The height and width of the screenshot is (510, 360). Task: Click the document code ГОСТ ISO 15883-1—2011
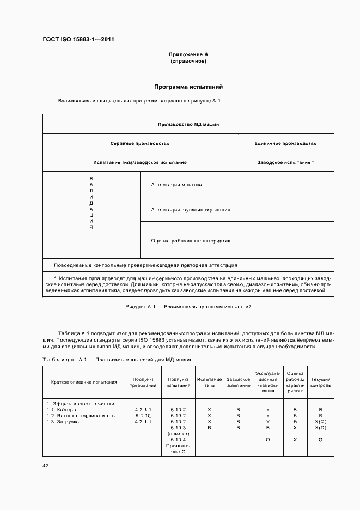(78, 39)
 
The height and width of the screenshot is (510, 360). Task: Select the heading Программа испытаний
(188, 87)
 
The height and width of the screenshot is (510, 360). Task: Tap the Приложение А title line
(188, 54)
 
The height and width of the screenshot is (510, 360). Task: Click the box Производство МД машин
(188, 124)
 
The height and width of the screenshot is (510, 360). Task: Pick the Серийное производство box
(139, 143)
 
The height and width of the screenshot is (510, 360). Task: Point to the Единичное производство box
(285, 143)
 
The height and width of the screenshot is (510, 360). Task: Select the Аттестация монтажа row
(177, 185)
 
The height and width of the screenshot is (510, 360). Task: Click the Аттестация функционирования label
(190, 209)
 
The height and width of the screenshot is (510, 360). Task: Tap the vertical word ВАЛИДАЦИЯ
(91, 203)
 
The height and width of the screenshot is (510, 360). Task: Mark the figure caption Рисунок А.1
(188, 307)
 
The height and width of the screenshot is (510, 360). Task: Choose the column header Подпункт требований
(143, 382)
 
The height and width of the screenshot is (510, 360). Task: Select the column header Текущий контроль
(320, 382)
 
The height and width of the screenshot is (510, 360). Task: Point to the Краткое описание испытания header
(84, 382)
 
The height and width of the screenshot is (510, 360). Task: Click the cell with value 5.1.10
(143, 416)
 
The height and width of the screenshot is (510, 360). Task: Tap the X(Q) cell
(320, 422)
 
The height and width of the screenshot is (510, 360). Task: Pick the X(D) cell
(320, 428)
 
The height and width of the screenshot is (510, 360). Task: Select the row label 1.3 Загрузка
(63, 422)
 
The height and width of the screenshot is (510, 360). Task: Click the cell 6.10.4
(178, 440)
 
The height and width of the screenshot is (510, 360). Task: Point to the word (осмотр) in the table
(178, 434)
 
